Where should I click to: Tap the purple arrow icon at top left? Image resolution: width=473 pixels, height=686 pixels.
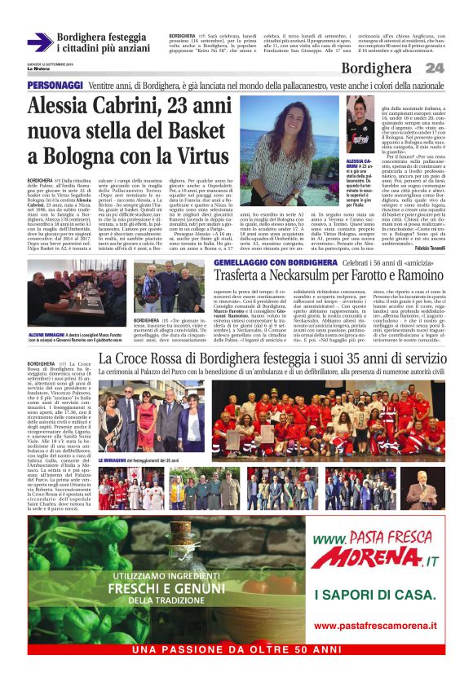tap(39, 42)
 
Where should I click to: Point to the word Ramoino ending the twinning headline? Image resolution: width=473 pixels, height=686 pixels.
tap(416, 276)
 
